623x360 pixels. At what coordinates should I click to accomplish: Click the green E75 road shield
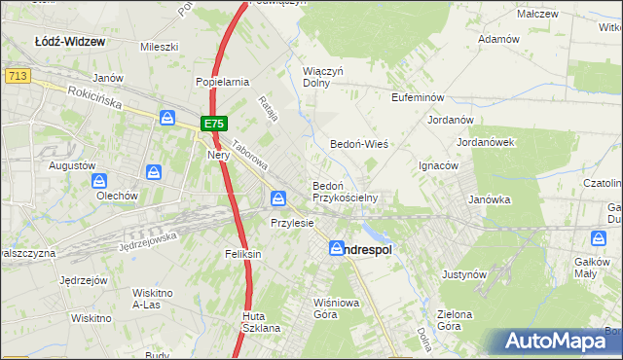pyautogui.click(x=215, y=124)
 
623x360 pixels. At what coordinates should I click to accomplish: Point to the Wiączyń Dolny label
pyautogui.click(x=324, y=77)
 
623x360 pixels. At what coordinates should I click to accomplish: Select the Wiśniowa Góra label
pyautogui.click(x=331, y=307)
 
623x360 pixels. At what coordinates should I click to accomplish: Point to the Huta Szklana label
pyautogui.click(x=261, y=322)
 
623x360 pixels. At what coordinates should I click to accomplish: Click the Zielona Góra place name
pyautogui.click(x=454, y=321)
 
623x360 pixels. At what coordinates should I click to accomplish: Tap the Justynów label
pyautogui.click(x=463, y=275)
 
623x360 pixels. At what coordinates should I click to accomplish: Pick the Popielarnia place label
pyautogui.click(x=223, y=83)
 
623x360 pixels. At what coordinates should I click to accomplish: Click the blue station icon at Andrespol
pyautogui.click(x=337, y=249)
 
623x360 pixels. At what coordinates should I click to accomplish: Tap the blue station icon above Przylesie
pyautogui.click(x=278, y=199)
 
